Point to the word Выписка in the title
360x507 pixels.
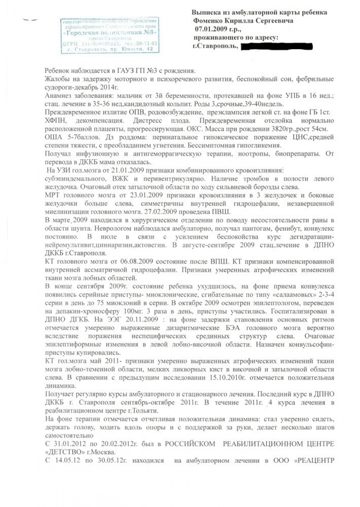tap(205, 13)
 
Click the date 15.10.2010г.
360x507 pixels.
tap(225, 377)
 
